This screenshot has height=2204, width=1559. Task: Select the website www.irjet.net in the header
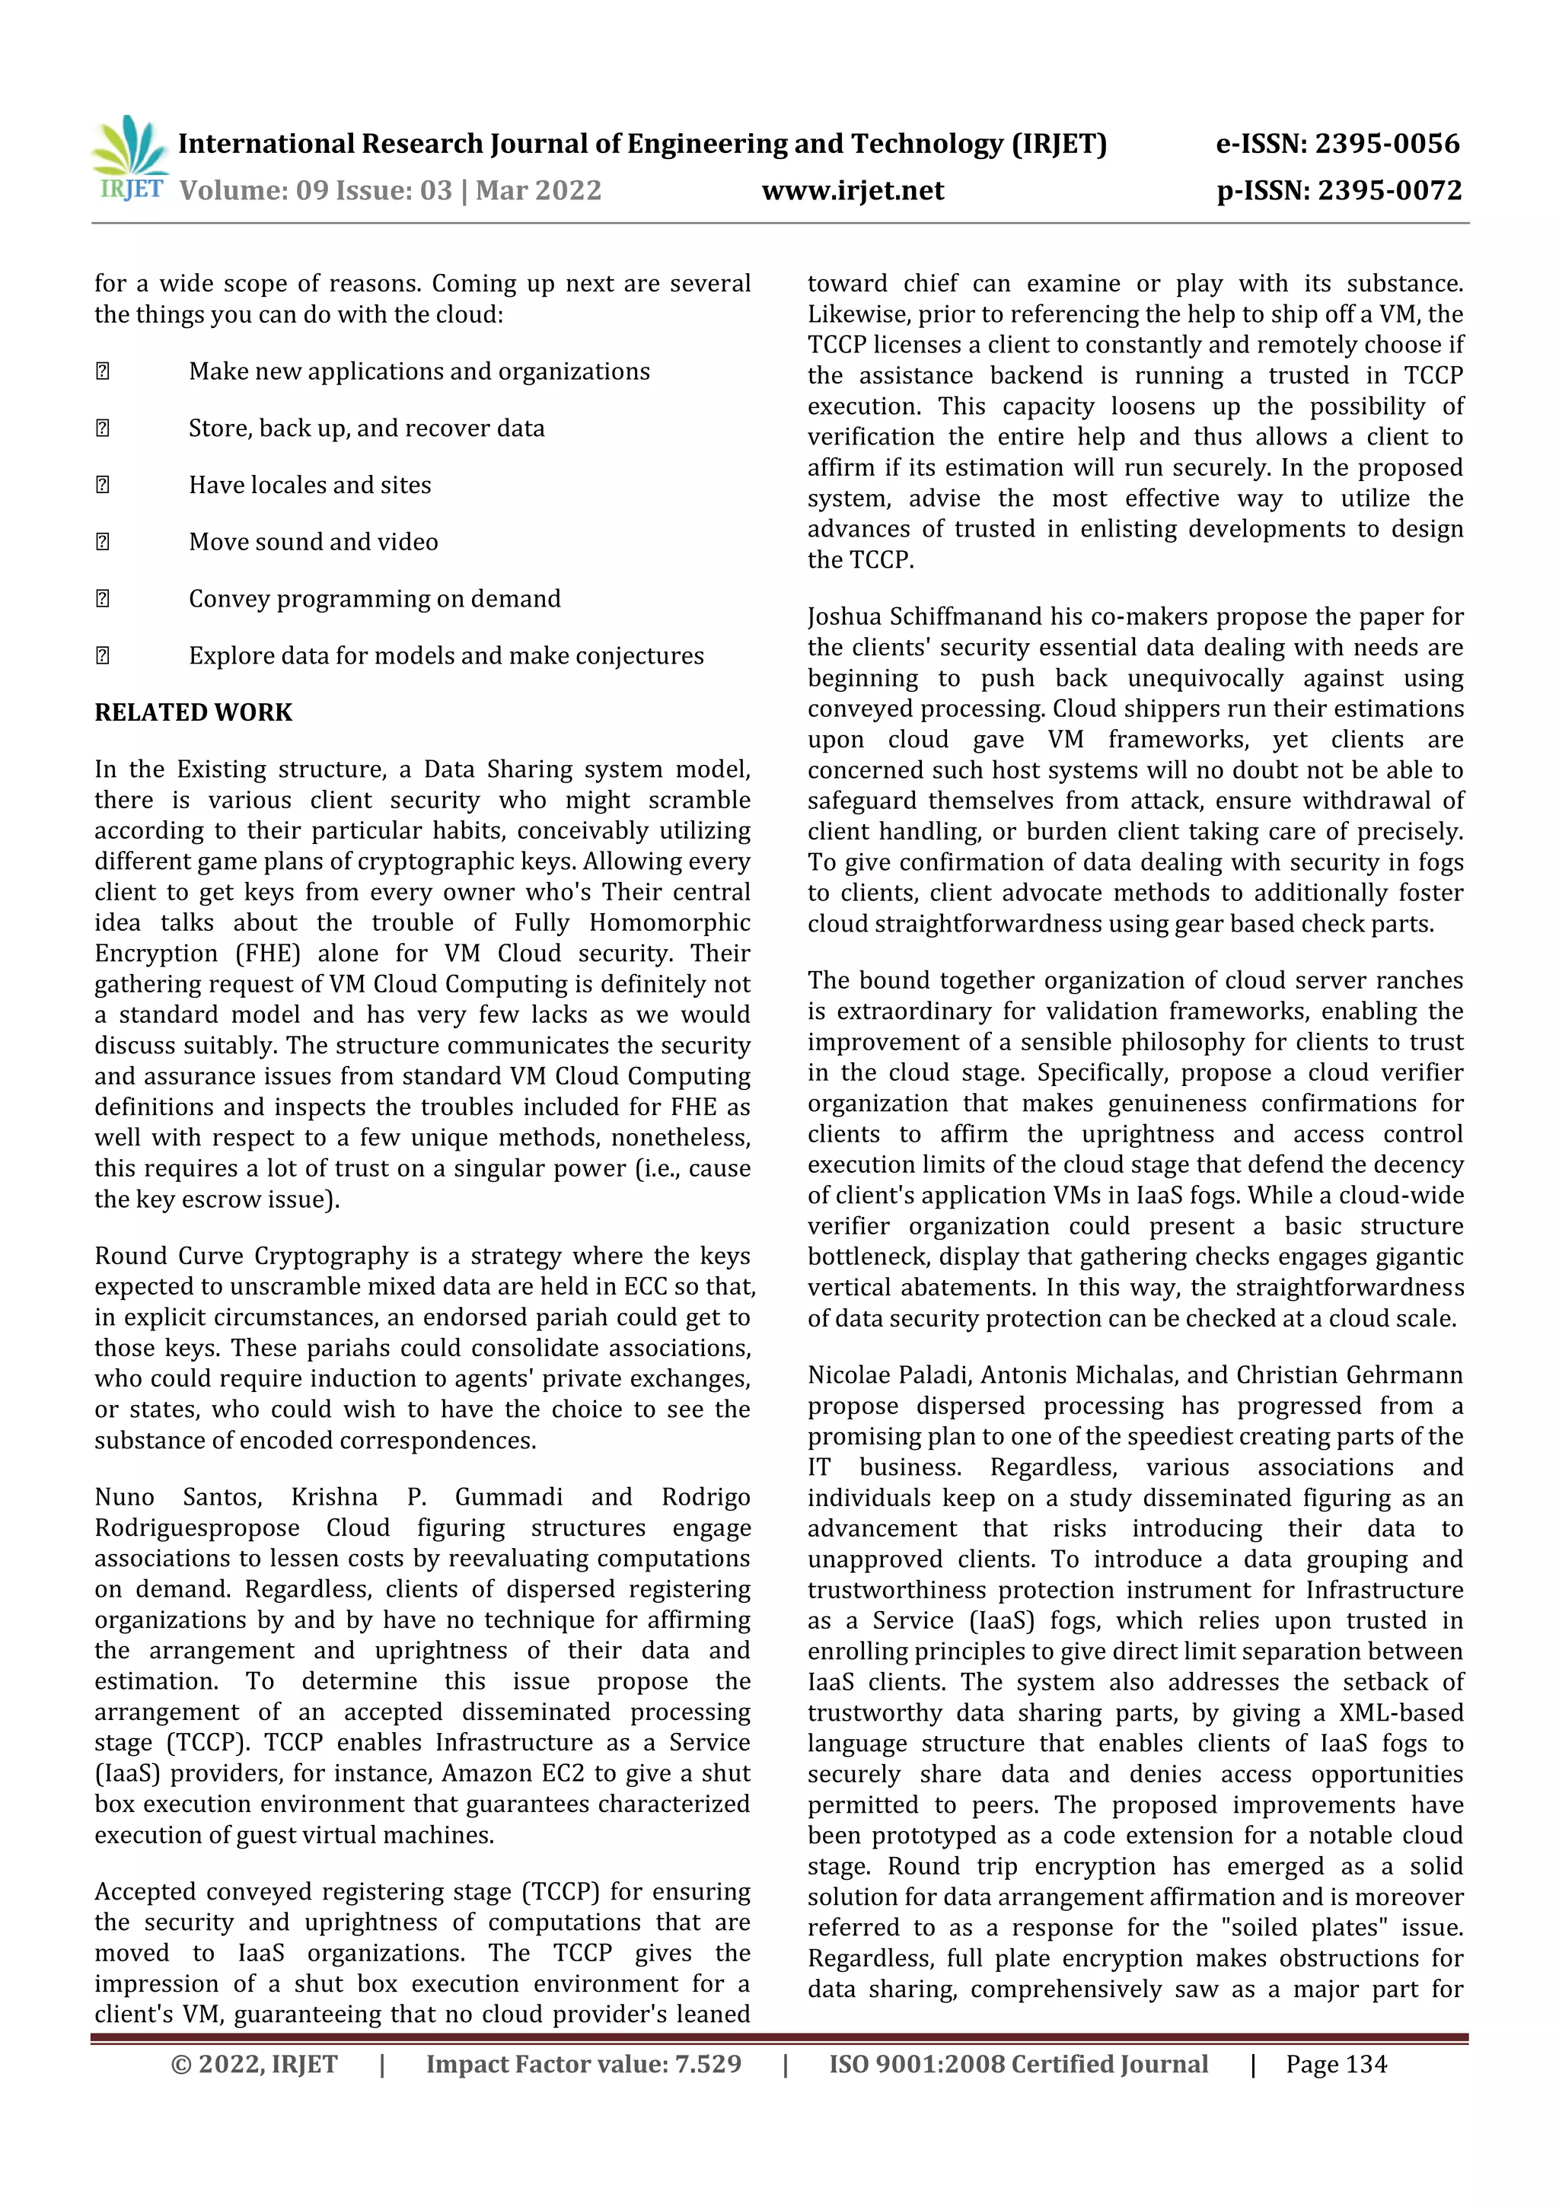pos(853,190)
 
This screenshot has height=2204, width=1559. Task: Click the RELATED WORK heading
pos(193,712)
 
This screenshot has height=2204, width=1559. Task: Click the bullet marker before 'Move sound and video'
pos(103,543)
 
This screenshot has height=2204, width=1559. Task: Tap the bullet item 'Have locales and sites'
pos(309,485)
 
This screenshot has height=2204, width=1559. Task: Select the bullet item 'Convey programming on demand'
pos(375,599)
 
